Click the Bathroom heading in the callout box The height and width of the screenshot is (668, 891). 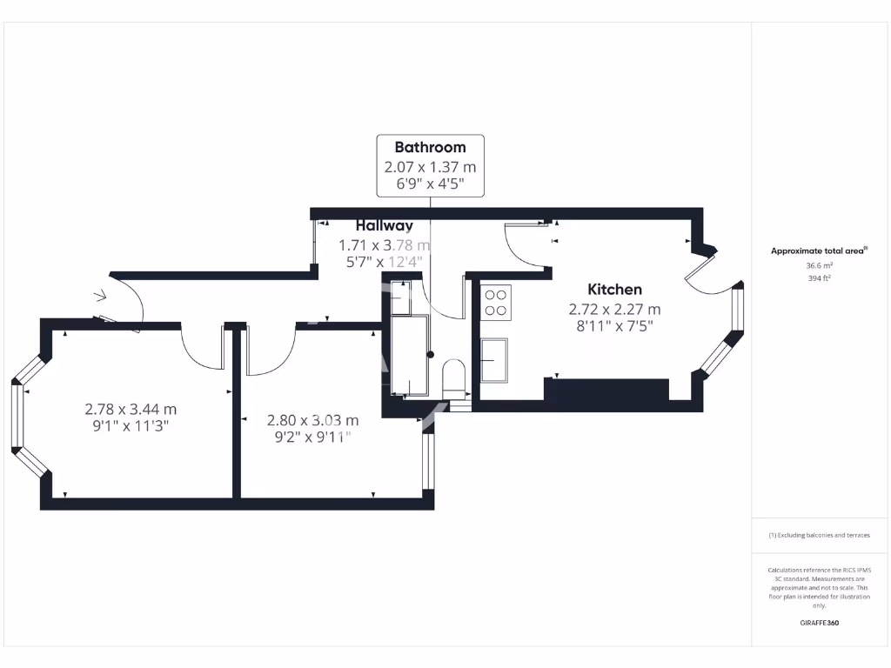(430, 147)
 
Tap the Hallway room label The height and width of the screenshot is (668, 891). (384, 225)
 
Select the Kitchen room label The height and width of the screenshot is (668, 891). (614, 290)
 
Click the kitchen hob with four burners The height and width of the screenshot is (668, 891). (496, 301)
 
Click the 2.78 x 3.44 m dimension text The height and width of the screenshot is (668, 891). (131, 408)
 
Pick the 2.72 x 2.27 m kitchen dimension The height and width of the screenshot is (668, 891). (614, 309)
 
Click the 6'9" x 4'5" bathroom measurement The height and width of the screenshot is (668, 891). (430, 184)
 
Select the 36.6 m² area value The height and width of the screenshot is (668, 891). (819, 265)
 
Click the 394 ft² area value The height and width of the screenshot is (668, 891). (819, 278)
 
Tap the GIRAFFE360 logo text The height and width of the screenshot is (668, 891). (819, 623)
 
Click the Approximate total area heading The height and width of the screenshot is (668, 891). (818, 250)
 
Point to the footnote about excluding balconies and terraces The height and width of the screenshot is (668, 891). (819, 535)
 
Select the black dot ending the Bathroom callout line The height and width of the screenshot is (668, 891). (430, 354)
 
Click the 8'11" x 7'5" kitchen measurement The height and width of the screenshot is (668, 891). (614, 326)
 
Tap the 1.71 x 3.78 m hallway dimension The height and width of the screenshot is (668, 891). (384, 244)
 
